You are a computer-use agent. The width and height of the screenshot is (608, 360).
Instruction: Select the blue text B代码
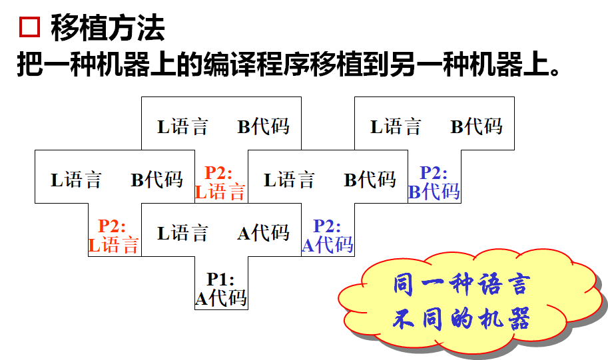[434, 192]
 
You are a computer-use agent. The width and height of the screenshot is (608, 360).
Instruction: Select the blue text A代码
[327, 245]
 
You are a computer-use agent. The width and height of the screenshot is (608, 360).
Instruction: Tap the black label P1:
[220, 279]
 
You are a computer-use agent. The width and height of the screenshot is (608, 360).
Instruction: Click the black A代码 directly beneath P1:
[220, 298]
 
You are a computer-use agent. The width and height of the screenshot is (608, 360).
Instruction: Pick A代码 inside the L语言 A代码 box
[263, 232]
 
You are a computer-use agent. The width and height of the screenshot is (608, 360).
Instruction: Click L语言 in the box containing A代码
[182, 233]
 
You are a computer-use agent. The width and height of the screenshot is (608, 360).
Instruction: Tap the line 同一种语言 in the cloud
[461, 285]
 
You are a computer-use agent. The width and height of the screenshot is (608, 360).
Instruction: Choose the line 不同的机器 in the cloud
[461, 319]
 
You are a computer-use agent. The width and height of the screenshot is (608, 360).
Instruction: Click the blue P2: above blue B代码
[434, 173]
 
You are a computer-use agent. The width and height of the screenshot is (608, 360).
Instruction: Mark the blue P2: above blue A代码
[327, 226]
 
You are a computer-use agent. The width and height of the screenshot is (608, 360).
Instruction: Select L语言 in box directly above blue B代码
[396, 126]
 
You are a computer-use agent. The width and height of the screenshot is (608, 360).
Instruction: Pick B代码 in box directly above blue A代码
[370, 180]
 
